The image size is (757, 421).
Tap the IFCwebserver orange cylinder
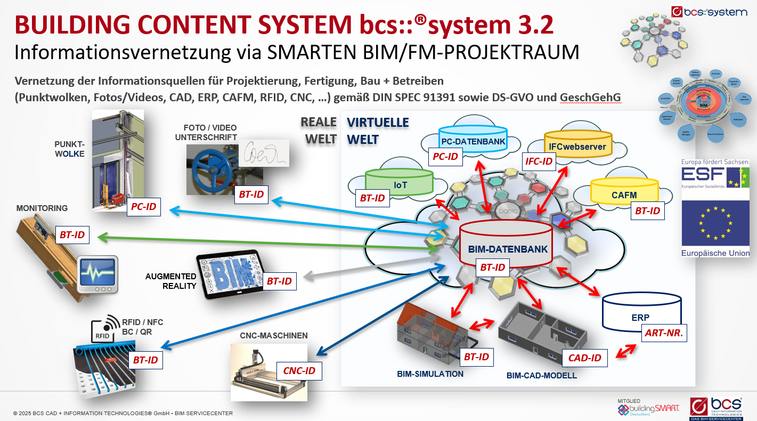577,145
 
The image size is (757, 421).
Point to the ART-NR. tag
664,334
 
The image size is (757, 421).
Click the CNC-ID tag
299,370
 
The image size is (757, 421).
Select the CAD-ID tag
584,358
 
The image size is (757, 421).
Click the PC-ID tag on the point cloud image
144,206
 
